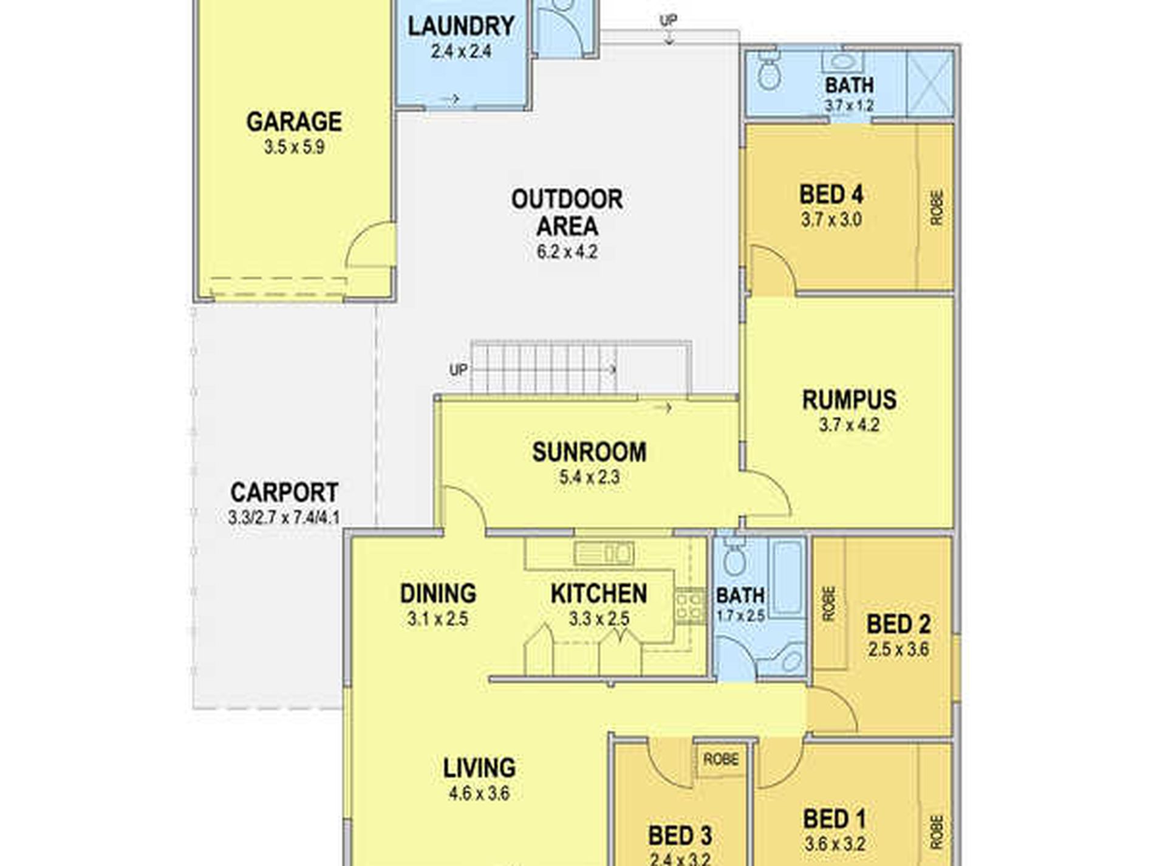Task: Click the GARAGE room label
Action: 294,122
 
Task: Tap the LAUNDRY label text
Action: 462,26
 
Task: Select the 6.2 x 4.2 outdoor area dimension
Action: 567,252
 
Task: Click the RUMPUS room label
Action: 849,400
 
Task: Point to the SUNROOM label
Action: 589,452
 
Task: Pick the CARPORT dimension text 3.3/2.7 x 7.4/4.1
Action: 284,518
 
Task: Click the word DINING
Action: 438,594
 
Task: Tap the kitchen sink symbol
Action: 603,553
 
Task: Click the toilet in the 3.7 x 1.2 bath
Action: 770,72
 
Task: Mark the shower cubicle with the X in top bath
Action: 929,83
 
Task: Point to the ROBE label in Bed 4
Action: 937,208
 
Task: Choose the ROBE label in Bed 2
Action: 828,603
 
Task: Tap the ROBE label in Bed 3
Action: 721,759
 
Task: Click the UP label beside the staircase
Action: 459,369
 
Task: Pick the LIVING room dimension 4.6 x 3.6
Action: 479,793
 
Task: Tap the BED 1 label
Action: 835,819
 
